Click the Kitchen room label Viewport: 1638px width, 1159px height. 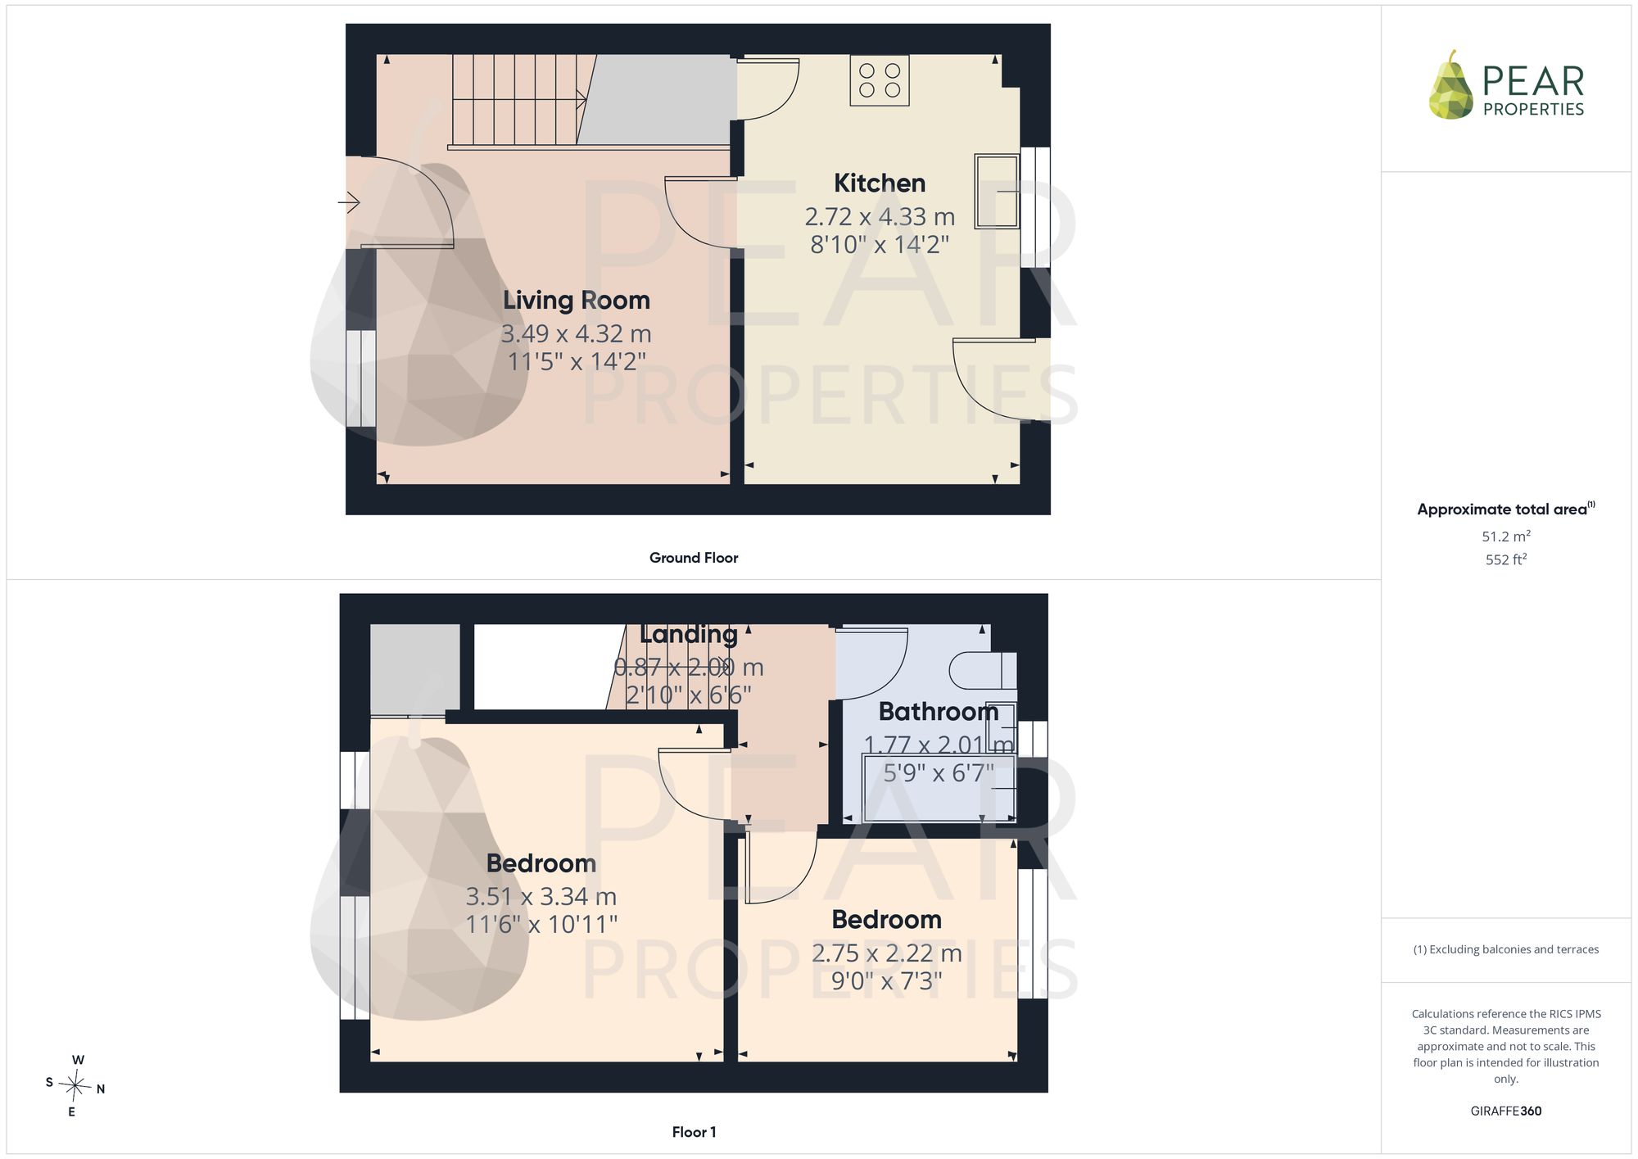click(x=880, y=183)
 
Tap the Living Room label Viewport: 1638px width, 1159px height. click(x=577, y=301)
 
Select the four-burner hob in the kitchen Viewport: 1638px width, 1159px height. click(x=880, y=80)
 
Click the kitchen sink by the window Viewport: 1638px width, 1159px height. click(x=997, y=191)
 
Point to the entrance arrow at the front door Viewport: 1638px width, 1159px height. click(x=349, y=201)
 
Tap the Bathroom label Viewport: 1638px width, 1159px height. click(x=939, y=712)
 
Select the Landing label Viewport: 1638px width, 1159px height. click(x=689, y=635)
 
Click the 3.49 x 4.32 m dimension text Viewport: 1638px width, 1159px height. click(x=577, y=334)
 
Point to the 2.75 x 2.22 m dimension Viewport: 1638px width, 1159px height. click(x=887, y=953)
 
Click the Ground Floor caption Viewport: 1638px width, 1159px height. click(x=694, y=558)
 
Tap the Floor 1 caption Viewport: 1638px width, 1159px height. click(x=694, y=1132)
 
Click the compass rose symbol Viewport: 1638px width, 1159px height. click(x=75, y=1087)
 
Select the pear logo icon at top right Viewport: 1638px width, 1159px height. click(x=1450, y=85)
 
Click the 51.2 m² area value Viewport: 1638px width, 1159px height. click(x=1506, y=536)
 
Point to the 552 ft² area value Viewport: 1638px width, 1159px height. click(x=1506, y=559)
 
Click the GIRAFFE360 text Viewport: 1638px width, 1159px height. click(x=1506, y=1111)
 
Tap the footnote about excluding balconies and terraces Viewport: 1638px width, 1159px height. click(x=1506, y=949)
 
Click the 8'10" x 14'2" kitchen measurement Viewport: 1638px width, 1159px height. click(x=880, y=244)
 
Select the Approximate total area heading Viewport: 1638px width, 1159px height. click(x=1506, y=509)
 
